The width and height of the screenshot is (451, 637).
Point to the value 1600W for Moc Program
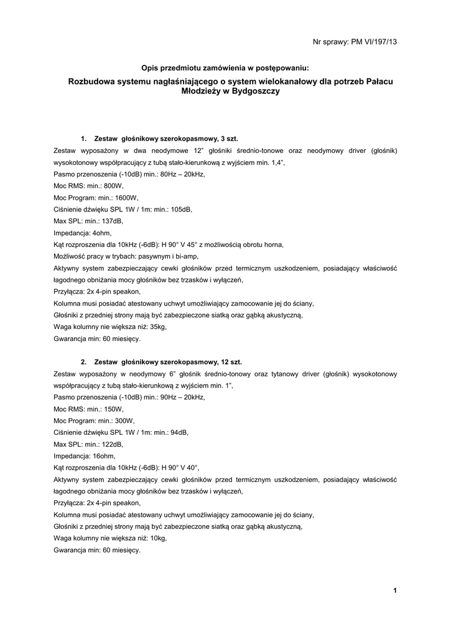point(123,198)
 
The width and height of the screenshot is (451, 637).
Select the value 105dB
point(180,209)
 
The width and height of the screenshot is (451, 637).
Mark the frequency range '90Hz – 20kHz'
point(182,397)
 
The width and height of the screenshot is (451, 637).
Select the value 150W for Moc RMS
point(113,409)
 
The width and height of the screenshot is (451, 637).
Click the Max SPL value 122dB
point(111,444)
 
